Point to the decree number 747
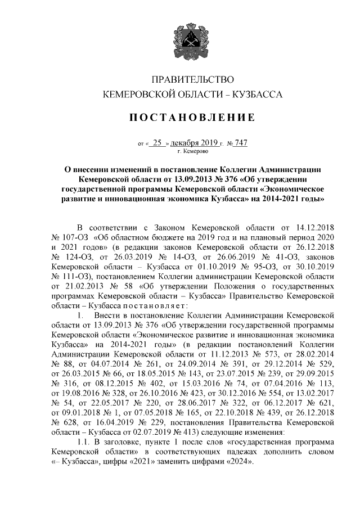241,143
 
